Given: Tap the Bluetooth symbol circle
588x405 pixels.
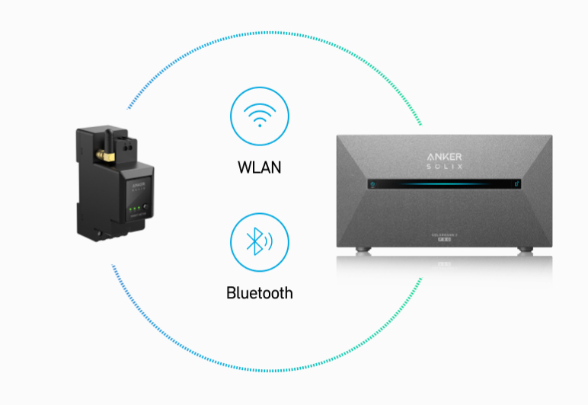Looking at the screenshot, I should coord(260,243).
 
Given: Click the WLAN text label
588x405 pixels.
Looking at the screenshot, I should coord(260,166).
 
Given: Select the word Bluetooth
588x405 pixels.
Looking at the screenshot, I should coord(260,292).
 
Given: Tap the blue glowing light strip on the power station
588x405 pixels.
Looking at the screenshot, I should coord(445,183).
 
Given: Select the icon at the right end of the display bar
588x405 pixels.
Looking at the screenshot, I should coord(517,183).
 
